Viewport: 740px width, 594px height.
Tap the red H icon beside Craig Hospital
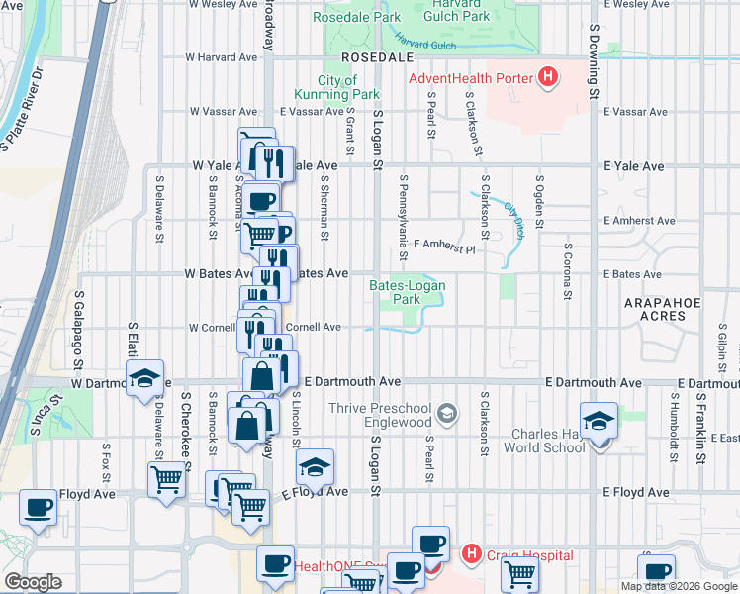472,555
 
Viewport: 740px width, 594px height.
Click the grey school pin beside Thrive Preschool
447,412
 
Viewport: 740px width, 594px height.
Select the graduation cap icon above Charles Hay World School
600,421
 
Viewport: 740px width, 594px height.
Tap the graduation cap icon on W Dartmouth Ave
144,379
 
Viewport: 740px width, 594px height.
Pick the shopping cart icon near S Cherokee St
166,480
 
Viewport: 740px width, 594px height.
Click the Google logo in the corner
33,582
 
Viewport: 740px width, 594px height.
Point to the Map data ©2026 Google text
679,586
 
